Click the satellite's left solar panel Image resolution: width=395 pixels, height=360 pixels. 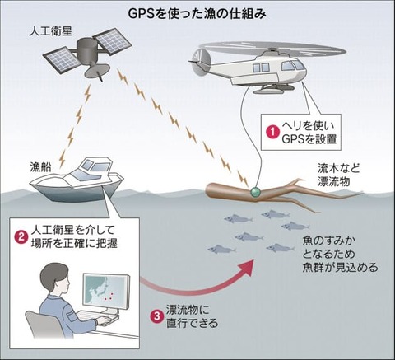click(64, 58)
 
